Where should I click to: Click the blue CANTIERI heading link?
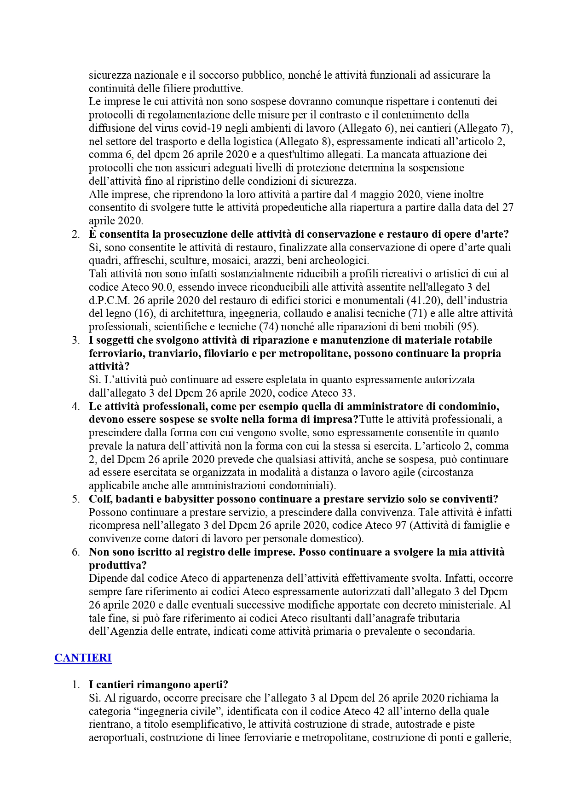(83, 658)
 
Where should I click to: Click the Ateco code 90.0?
(162, 287)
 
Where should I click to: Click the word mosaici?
(231, 261)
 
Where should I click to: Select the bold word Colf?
(100, 499)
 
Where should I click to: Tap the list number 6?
(76, 552)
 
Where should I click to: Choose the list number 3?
(76, 340)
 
